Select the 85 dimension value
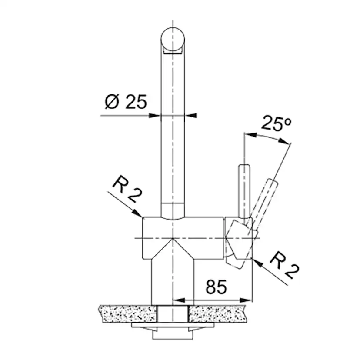click(216, 287)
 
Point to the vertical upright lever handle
click(244, 189)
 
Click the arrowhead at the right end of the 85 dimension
click(248, 300)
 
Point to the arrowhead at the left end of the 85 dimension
click(177, 300)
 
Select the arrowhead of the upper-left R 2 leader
click(139, 214)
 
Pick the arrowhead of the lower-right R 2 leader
click(256, 261)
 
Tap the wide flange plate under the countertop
click(173, 325)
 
